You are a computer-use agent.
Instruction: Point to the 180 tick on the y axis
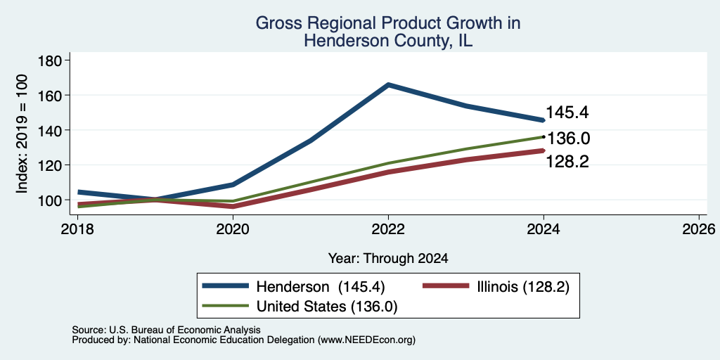coord(52,60)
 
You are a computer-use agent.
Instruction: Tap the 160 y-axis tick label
coord(52,95)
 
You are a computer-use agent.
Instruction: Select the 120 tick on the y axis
coord(52,165)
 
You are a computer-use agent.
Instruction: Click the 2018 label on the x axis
coord(77,229)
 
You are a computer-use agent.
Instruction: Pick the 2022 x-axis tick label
coord(388,229)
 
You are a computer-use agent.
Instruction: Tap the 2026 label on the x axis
coord(699,229)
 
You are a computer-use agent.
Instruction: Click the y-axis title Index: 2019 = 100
coord(22,134)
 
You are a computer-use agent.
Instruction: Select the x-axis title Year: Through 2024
coord(388,259)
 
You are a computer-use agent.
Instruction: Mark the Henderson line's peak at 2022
coord(388,84)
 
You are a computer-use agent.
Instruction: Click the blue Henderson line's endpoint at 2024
coord(544,120)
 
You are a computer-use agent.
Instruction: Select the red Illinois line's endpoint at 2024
coord(544,150)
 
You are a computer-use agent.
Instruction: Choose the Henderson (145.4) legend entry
coord(294,287)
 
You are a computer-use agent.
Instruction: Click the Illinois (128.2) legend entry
coord(496,287)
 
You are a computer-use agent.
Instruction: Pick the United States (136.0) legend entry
coord(300,307)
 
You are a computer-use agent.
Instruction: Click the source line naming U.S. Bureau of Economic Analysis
coord(166,330)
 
